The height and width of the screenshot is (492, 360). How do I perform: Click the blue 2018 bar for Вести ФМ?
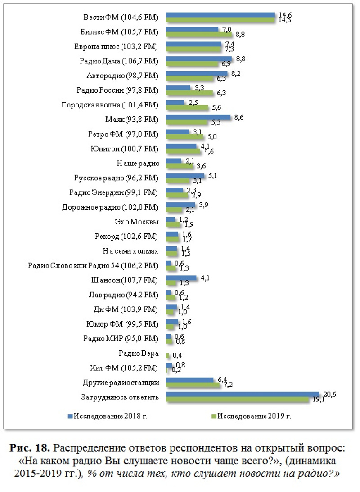pyautogui.click(x=220, y=15)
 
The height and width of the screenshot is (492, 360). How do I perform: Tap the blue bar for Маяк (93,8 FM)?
pyautogui.click(x=198, y=117)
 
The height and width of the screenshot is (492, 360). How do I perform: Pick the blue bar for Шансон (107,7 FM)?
pyautogui.click(x=181, y=278)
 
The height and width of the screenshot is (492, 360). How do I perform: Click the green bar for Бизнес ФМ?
pyautogui.click(x=199, y=34)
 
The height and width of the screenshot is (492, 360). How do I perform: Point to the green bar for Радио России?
pyautogui.click(x=189, y=93)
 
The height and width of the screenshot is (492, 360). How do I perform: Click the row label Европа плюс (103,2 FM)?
pyautogui.click(x=116, y=46)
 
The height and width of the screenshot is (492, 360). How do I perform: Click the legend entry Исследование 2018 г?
pyautogui.click(x=111, y=416)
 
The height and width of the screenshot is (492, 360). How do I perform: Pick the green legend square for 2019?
pyautogui.click(x=214, y=416)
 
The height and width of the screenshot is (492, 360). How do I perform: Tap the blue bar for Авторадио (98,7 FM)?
pyautogui.click(x=197, y=73)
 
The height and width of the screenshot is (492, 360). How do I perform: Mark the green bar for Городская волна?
pyautogui.click(x=187, y=108)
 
